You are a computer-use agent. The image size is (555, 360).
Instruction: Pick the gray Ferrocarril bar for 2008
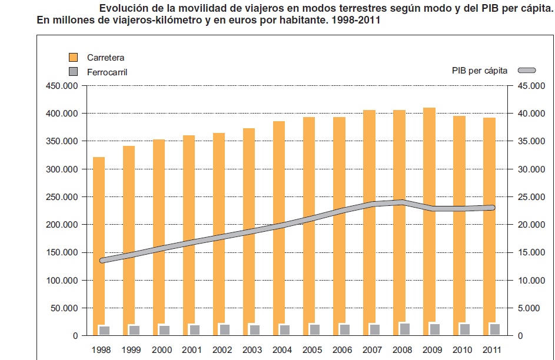tap(404, 329)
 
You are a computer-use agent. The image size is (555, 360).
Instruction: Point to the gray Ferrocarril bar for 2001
tap(194, 329)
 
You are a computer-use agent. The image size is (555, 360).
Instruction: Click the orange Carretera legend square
tap(74, 57)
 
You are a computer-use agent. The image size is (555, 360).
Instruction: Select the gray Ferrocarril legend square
tap(74, 72)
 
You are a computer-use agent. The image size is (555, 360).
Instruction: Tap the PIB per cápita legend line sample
tap(527, 71)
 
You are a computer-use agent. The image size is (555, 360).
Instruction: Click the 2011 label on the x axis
tap(492, 349)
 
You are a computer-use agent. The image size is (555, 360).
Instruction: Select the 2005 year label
tap(312, 349)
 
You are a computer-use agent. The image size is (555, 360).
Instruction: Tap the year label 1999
tap(131, 349)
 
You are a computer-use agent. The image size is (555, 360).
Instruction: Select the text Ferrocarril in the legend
tap(107, 72)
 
